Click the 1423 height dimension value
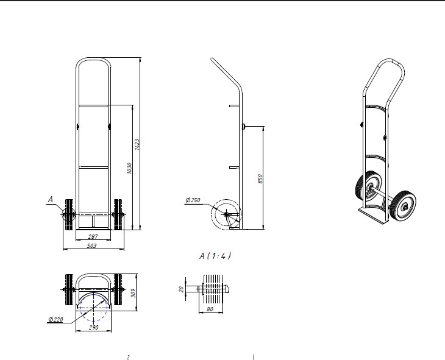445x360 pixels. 137,144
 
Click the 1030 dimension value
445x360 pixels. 129,168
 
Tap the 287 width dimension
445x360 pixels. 93,236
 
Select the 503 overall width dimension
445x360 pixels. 91,245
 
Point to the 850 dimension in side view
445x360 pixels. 260,178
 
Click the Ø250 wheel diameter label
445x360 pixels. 193,200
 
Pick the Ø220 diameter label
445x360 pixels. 55,319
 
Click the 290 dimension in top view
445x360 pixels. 93,327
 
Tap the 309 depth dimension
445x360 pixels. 133,294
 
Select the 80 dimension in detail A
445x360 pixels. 210,309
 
